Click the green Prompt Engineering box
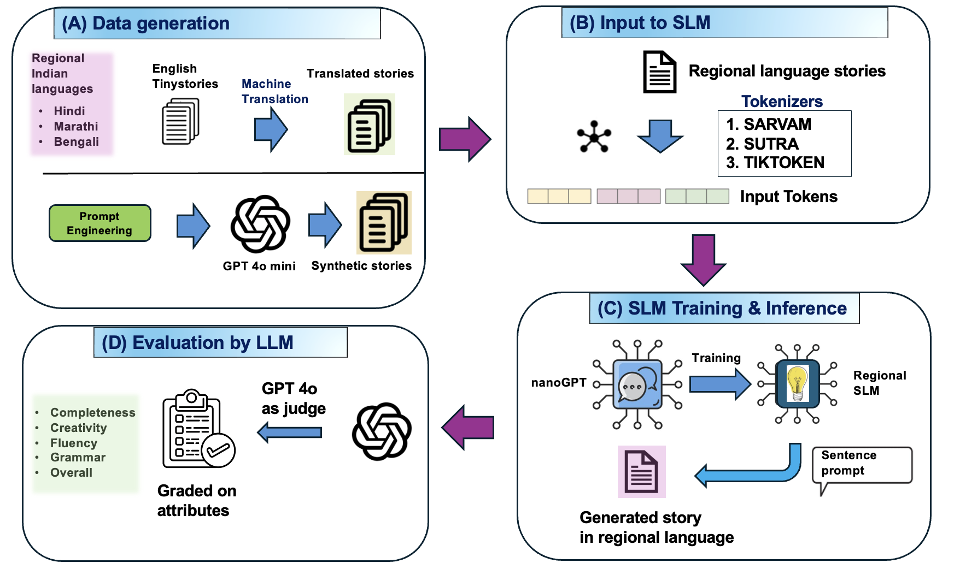pos(99,223)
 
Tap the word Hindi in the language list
pos(69,111)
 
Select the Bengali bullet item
pos(76,142)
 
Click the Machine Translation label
pos(274,92)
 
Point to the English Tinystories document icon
pos(180,122)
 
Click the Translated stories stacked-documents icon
pos(370,125)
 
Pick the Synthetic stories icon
pos(384,223)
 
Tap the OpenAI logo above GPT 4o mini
pos(260,224)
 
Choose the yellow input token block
pos(559,196)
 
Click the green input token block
pos(697,196)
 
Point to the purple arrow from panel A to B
pos(465,139)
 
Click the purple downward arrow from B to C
pos(704,260)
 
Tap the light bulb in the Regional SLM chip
pos(798,383)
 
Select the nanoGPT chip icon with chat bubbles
pos(637,384)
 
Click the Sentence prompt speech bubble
pos(862,464)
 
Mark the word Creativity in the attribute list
pos(78,428)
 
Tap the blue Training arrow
pos(719,384)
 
